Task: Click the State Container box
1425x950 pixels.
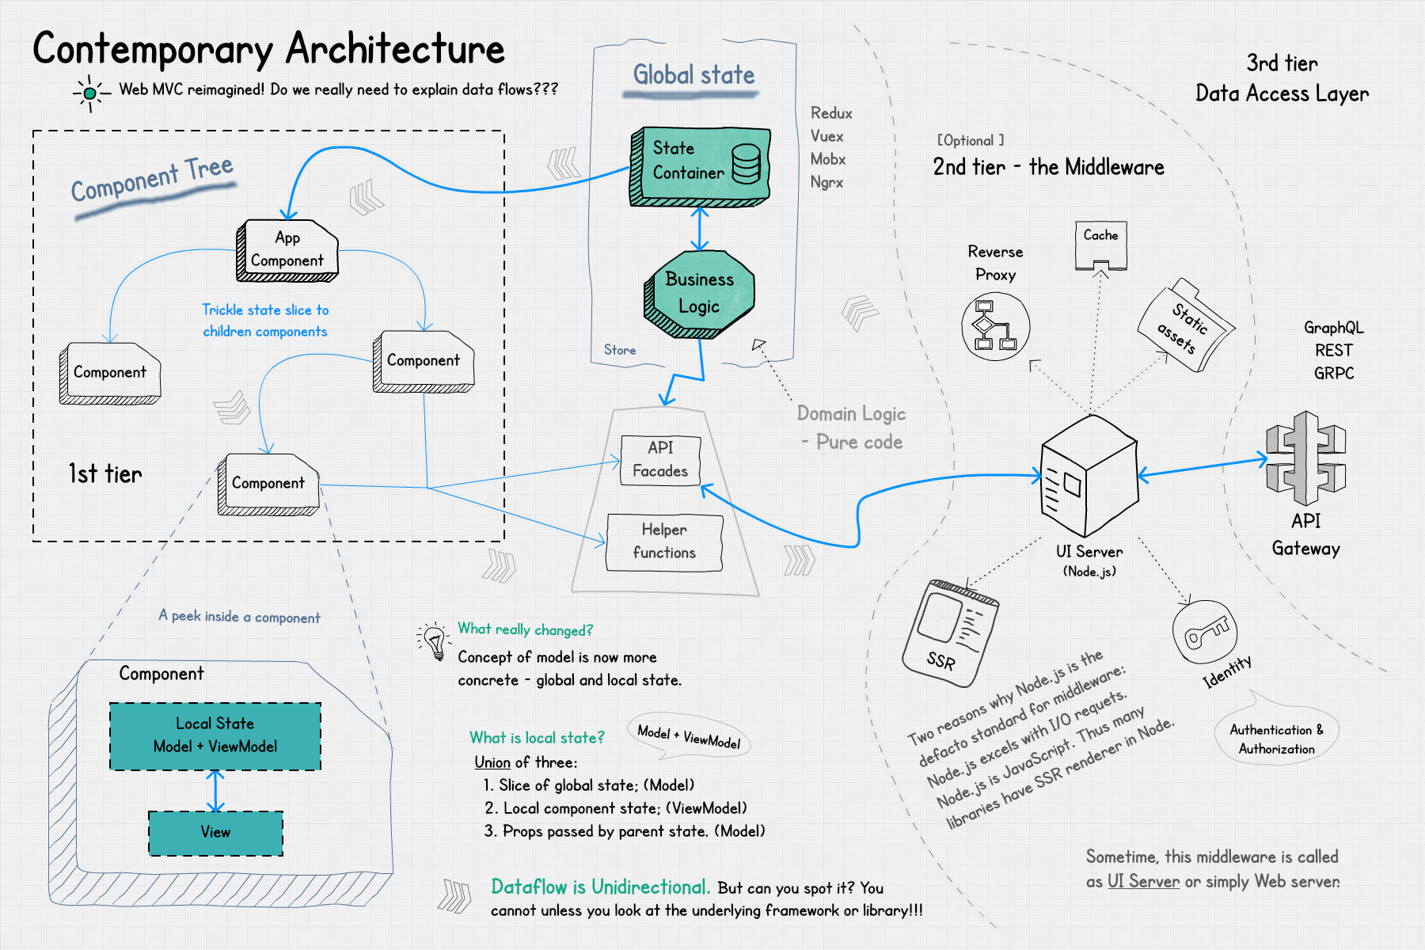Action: [700, 164]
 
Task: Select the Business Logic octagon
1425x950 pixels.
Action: [700, 293]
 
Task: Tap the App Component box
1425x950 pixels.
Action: [287, 249]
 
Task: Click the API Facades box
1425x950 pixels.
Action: [660, 459]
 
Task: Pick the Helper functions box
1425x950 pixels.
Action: [664, 541]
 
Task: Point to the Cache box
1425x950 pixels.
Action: [1100, 244]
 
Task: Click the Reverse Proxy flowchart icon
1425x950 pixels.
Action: [995, 326]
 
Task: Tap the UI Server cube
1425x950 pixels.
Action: [1089, 475]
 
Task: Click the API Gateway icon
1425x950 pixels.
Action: [1306, 458]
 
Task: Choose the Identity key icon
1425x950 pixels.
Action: [1204, 632]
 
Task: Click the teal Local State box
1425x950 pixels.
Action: [215, 735]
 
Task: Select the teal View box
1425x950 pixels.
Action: [215, 833]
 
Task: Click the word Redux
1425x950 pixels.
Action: [831, 113]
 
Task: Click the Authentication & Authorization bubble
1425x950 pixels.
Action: [1276, 739]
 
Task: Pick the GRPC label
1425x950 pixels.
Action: [1334, 373]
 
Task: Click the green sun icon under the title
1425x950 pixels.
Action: [90, 93]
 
